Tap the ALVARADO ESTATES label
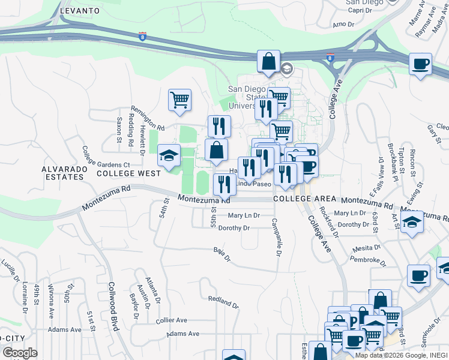[x=62, y=173]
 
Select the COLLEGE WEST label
[x=128, y=173]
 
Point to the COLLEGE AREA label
[x=301, y=199]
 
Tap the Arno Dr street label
[x=343, y=25]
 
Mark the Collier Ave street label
[x=172, y=320]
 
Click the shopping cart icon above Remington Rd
[x=179, y=100]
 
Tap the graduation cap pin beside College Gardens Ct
[x=169, y=155]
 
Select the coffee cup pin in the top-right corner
[x=420, y=63]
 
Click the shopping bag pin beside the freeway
[x=268, y=61]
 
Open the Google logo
[x=20, y=353]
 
